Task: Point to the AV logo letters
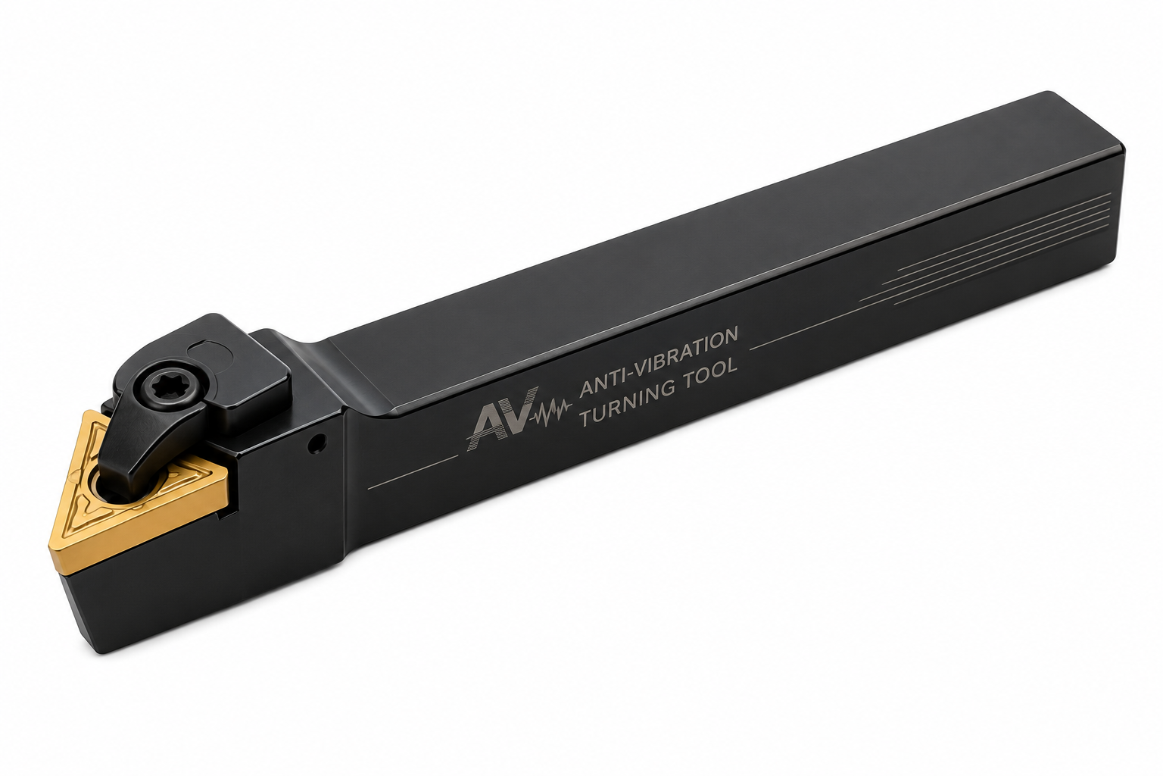[501, 420]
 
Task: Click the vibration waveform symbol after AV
[550, 408]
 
